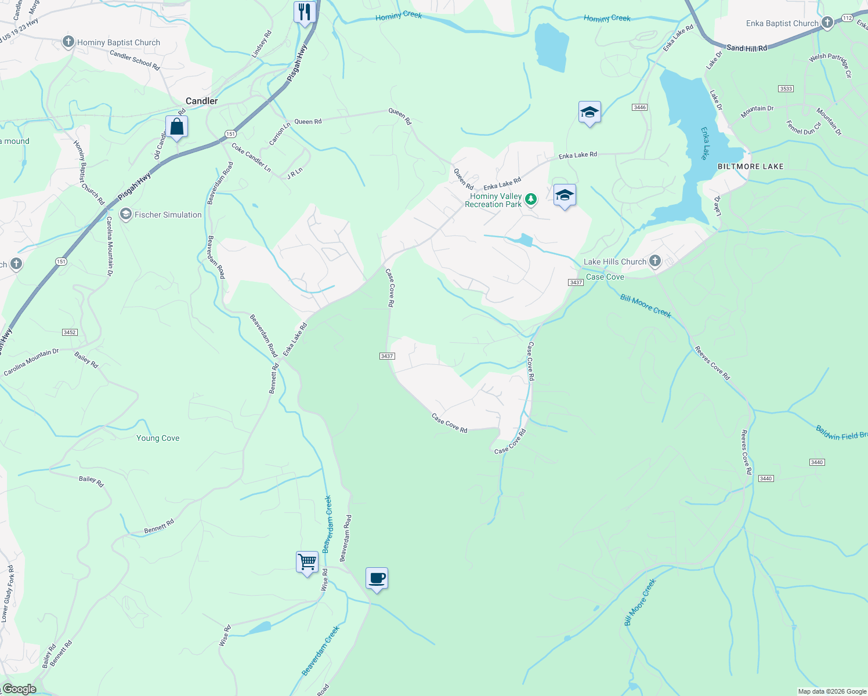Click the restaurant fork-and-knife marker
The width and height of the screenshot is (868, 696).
pos(305,12)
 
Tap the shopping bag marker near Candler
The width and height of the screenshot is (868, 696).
pos(176,126)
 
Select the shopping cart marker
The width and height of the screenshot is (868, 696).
pos(307,561)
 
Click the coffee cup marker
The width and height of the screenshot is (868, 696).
pos(377,578)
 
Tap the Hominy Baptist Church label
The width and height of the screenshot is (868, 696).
pos(118,42)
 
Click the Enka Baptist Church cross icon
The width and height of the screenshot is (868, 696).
pos(827,23)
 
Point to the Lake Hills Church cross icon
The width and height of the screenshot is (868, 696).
pos(654,261)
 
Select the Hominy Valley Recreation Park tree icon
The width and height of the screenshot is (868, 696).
pos(530,200)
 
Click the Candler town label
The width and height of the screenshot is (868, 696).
pos(201,101)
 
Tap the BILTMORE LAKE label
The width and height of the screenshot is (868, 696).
pos(750,166)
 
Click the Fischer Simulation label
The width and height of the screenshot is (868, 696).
pos(168,215)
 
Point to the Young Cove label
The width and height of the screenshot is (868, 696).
pos(158,438)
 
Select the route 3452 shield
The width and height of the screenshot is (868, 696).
pos(70,332)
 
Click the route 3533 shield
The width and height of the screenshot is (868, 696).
pos(786,89)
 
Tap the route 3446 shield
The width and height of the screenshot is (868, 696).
pos(639,107)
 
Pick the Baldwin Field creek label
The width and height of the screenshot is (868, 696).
pos(841,433)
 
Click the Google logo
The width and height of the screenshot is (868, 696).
pos(19,689)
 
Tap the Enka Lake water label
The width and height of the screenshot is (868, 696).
pos(704,143)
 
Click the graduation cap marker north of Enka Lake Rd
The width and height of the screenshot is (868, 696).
pos(589,112)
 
